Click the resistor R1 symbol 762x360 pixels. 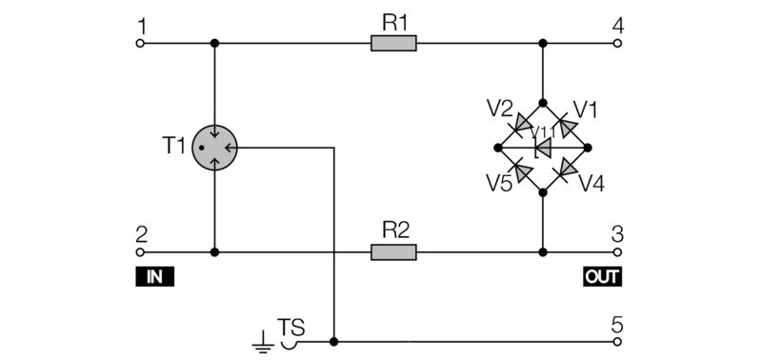(393, 43)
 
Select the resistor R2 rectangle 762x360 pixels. (393, 252)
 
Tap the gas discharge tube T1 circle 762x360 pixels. (214, 148)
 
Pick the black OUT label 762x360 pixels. (602, 277)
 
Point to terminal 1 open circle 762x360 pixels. (141, 43)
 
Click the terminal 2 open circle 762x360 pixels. (141, 252)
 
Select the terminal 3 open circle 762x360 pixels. (617, 252)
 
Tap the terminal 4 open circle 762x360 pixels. (617, 43)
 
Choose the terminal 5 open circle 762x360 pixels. (617, 340)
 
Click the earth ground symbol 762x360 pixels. (261, 341)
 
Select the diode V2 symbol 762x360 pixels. (522, 125)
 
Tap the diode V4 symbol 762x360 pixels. (566, 170)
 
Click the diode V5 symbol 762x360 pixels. (521, 170)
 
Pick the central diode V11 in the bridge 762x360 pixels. (543, 148)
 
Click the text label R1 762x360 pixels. (393, 20)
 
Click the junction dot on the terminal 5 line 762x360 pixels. (334, 340)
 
